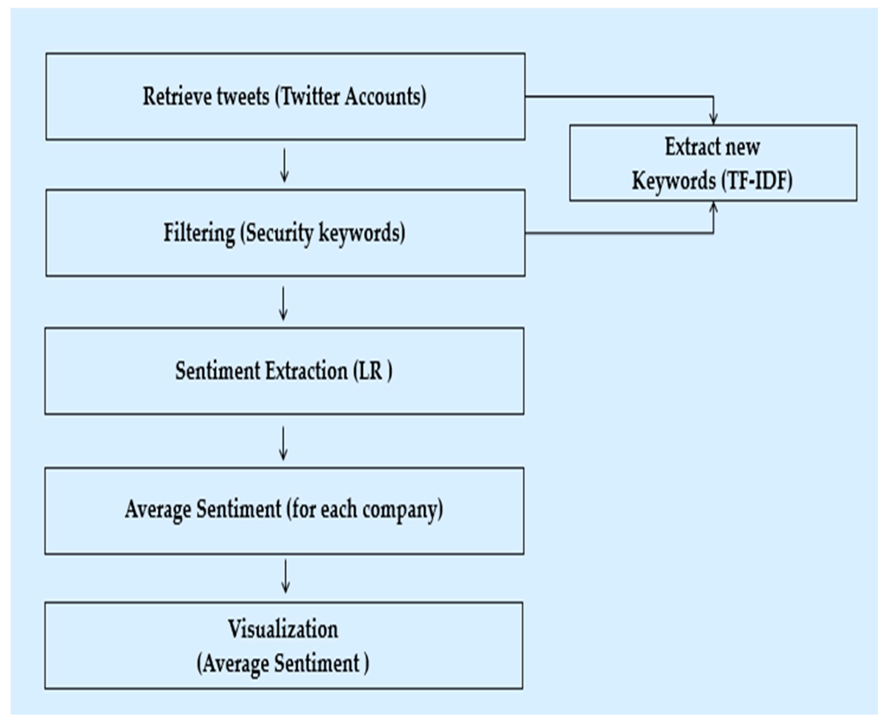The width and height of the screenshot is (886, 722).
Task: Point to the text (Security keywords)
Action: pyautogui.click(x=322, y=233)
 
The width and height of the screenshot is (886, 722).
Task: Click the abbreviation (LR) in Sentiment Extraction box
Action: pyautogui.click(x=372, y=371)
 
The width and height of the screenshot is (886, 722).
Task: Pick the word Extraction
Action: pyautogui.click(x=306, y=371)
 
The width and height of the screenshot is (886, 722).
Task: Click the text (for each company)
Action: pyautogui.click(x=364, y=510)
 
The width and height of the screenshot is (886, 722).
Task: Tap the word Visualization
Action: pyautogui.click(x=283, y=629)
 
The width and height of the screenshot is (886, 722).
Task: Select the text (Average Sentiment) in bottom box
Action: pyautogui.click(x=283, y=663)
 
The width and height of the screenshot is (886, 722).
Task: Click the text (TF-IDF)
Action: pyautogui.click(x=757, y=181)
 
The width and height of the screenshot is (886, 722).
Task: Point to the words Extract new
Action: pyautogui.click(x=712, y=147)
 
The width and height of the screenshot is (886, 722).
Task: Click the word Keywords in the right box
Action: pyautogui.click(x=674, y=181)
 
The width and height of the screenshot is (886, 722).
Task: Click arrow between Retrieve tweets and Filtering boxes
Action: pyautogui.click(x=285, y=166)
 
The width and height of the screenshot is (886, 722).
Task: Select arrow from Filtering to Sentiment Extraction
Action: pyautogui.click(x=283, y=304)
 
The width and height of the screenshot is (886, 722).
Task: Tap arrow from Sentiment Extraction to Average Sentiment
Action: pyautogui.click(x=283, y=443)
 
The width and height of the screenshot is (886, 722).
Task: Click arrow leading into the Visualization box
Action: pyautogui.click(x=285, y=576)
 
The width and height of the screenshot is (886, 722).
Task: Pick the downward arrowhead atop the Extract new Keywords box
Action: pyautogui.click(x=713, y=118)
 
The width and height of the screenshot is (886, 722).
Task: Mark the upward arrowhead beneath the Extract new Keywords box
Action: pyautogui.click(x=713, y=207)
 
